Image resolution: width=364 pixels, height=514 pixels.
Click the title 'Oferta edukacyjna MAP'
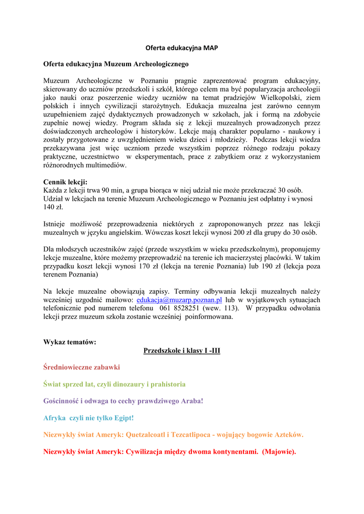[x=182, y=48]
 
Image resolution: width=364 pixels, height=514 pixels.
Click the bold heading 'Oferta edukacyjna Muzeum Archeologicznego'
[x=116, y=64]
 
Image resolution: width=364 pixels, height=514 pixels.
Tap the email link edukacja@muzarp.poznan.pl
[x=179, y=300]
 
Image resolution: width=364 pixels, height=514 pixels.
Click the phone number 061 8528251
[x=180, y=308]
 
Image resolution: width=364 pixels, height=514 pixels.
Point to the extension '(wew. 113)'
[x=221, y=308]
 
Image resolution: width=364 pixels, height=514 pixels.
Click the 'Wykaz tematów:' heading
[x=70, y=342]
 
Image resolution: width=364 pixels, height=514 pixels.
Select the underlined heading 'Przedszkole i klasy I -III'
[x=182, y=350]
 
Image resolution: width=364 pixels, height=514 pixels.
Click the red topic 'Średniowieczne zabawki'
[x=82, y=367]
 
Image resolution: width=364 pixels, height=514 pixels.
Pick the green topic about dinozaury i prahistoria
[x=114, y=384]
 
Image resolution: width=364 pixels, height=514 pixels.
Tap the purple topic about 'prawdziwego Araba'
[x=124, y=401]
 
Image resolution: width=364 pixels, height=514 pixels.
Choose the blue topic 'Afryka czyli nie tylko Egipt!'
[x=89, y=418]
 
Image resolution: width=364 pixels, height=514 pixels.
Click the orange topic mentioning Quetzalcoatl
[x=173, y=434]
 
